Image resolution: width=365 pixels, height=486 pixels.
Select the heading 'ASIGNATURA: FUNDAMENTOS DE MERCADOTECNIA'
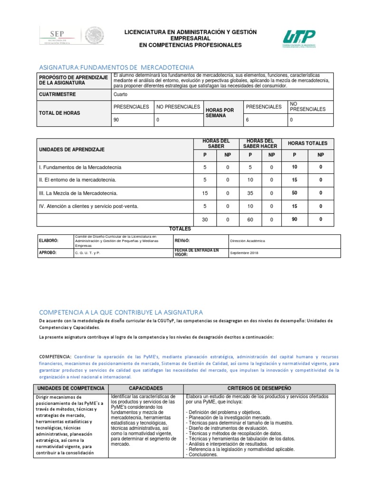point(116,67)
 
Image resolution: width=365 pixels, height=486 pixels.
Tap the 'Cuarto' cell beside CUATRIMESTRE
point(121,94)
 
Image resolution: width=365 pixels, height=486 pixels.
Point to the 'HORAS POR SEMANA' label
point(220,113)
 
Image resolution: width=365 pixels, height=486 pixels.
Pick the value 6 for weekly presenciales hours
point(247,120)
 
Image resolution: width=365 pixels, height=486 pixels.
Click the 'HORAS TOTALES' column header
point(307,143)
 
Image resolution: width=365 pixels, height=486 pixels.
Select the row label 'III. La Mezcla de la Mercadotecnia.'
point(77,193)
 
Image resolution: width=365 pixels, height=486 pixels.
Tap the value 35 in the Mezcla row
point(250,193)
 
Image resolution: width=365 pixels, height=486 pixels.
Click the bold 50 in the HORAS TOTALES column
point(294,193)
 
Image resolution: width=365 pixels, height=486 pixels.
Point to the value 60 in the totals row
point(250,219)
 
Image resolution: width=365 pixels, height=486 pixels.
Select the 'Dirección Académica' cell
point(248,241)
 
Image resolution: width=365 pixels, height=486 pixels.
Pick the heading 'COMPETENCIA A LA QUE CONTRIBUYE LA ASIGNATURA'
point(121,312)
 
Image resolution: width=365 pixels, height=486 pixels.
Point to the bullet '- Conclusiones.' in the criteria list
point(203,454)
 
